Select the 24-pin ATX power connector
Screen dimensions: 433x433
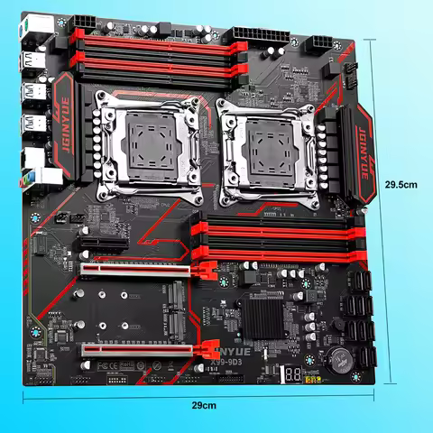tap(255, 33)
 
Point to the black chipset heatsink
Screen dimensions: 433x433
tap(263, 319)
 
